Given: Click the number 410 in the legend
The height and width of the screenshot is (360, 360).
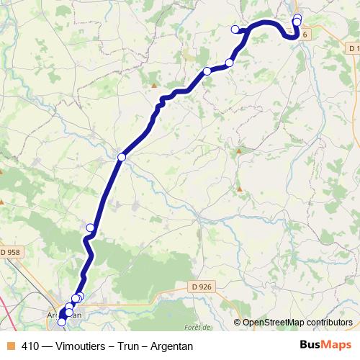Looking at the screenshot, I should pos(31,346).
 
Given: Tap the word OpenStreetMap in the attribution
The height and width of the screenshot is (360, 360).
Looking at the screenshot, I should pos(271,323).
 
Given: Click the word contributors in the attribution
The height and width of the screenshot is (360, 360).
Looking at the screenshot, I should pos(328,323).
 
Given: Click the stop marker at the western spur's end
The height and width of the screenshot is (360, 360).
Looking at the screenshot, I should pos(235,29).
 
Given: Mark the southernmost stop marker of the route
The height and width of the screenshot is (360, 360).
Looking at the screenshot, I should pos(62,321).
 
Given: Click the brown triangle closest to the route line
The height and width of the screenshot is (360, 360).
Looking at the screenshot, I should pos(153,85).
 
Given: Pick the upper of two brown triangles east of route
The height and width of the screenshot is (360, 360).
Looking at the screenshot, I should pos(238,151).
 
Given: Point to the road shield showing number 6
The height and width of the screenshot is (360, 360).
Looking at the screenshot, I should pos(305,34).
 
